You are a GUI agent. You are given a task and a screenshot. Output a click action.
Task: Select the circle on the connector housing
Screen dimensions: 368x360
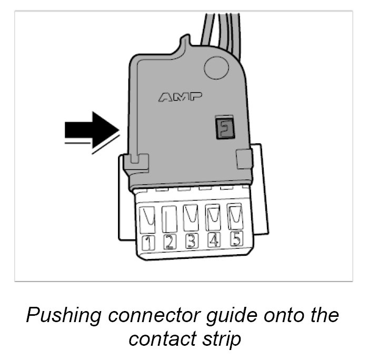215,67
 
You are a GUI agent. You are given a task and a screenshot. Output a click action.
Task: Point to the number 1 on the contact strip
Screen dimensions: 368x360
150,243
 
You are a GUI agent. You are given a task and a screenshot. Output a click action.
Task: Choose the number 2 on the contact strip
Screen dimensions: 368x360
170,242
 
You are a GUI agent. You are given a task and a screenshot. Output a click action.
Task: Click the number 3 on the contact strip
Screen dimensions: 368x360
191,241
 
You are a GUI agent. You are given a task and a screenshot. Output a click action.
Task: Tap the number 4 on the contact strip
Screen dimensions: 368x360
214,239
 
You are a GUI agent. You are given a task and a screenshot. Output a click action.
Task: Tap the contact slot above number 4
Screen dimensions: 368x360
213,215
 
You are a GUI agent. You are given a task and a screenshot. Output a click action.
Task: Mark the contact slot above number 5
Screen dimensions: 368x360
235,214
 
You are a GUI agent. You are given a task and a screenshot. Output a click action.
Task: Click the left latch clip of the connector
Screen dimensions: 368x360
136,164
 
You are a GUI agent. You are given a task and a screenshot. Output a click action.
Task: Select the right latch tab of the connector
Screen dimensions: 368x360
243,158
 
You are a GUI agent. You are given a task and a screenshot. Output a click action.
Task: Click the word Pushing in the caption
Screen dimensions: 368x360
63,315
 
